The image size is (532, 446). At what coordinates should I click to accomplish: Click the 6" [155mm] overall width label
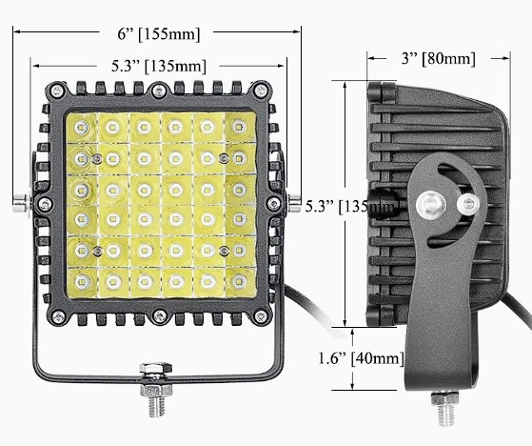[x=159, y=33]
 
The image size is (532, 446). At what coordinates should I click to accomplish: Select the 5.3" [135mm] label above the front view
[x=155, y=66]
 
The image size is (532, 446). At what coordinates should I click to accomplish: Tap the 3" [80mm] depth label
[x=433, y=59]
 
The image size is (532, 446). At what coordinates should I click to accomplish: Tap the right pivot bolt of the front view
[x=296, y=202]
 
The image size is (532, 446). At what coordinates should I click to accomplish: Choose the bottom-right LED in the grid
[x=239, y=281]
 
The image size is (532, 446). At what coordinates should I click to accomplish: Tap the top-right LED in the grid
[x=238, y=127]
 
